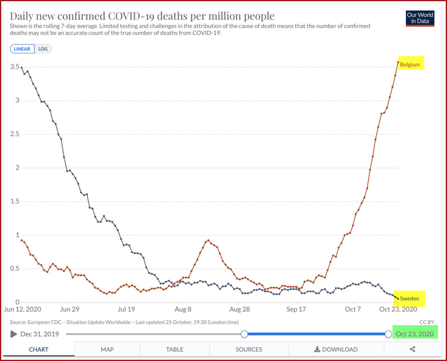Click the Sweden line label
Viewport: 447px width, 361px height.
[x=409, y=298]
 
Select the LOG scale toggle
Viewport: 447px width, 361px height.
[x=43, y=49]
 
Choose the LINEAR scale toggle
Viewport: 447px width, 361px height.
[x=22, y=49]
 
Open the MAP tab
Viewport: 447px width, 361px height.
[x=107, y=349]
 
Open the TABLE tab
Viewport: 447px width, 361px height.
[x=175, y=349]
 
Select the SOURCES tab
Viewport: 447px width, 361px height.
[x=249, y=349]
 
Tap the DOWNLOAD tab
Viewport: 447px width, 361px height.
[x=336, y=349]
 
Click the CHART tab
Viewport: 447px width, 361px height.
[x=39, y=349]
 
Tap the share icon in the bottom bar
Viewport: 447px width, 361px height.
[x=412, y=349]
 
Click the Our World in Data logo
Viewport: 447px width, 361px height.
[x=420, y=18]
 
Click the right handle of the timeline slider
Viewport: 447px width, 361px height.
[x=388, y=334]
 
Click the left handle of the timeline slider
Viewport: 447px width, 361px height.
[x=244, y=334]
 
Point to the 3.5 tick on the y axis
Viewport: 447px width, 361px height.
[x=15, y=67]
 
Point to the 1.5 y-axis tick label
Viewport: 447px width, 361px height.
[x=15, y=201]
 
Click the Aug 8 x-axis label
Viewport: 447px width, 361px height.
[x=183, y=309]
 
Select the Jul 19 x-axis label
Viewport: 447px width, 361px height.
[x=126, y=309]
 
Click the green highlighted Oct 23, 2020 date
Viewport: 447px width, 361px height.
[x=414, y=334]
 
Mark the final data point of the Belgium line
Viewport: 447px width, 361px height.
[x=398, y=62]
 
